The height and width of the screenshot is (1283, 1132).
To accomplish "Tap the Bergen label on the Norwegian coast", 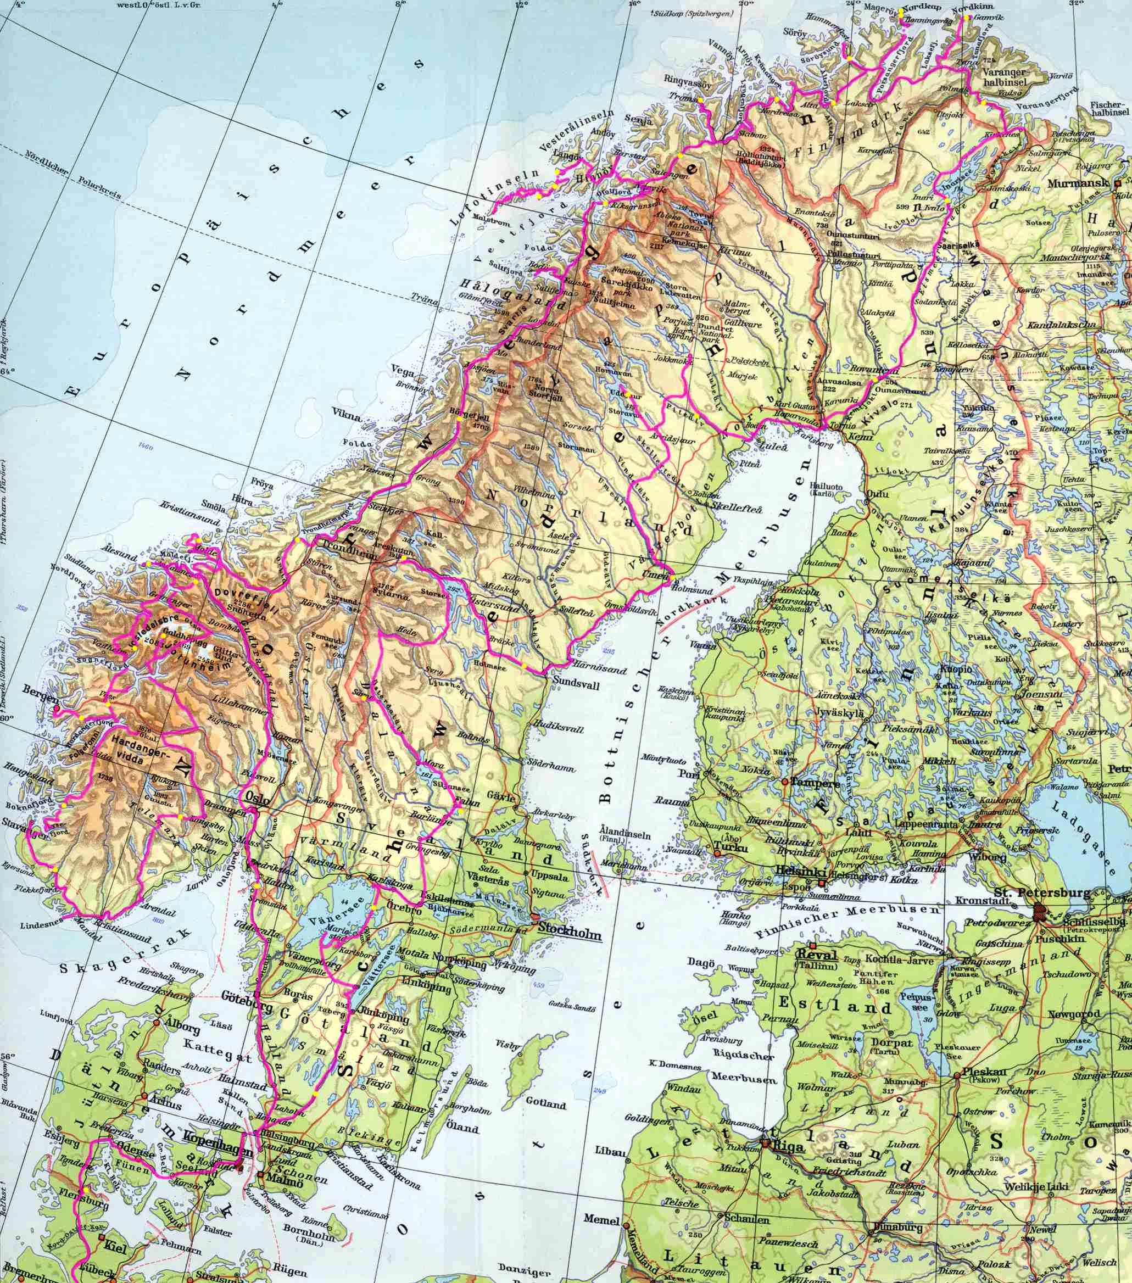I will [x=41, y=691].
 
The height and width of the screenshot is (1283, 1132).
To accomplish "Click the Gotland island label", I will [x=545, y=1103].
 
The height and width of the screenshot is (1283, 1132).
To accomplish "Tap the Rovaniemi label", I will [x=873, y=370].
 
